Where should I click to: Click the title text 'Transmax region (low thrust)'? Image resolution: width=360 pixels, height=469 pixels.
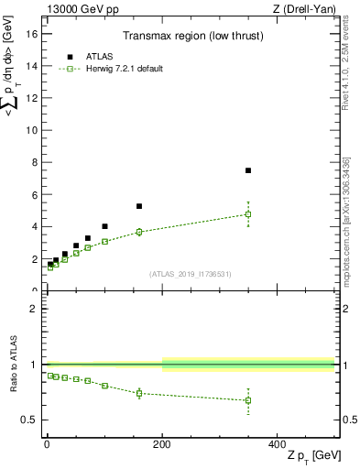(191, 36)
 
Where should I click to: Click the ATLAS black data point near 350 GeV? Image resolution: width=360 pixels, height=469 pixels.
(248, 170)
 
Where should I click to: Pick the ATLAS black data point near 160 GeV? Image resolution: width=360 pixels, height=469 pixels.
(139, 206)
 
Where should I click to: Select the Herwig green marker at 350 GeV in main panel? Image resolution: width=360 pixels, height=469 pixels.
(248, 214)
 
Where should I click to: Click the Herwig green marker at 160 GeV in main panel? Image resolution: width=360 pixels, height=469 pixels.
(139, 232)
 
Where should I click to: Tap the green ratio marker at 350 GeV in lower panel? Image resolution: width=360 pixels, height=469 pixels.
(248, 400)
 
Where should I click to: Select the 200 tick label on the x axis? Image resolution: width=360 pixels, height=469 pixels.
(162, 443)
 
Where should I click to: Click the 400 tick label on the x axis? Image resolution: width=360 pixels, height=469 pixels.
(278, 443)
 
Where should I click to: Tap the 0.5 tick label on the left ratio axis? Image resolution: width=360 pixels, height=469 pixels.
(27, 420)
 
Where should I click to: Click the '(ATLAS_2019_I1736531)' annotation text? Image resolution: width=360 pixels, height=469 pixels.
(191, 274)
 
